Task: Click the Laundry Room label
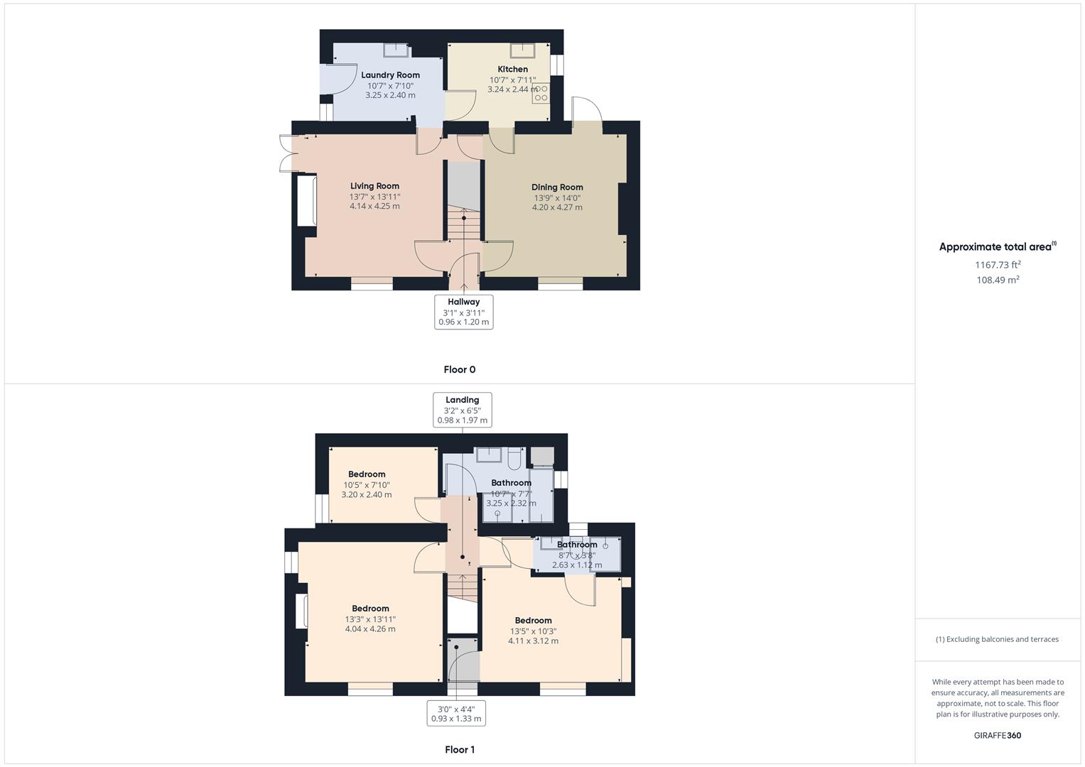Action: point(390,75)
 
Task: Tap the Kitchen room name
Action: point(512,70)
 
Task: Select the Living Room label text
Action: point(375,186)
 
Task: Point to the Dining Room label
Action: point(557,187)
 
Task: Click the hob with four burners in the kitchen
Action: point(541,94)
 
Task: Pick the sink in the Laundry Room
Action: point(396,50)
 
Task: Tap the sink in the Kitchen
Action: point(522,50)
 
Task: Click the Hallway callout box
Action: point(463,312)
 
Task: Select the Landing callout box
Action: point(462,410)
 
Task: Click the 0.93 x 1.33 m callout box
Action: point(456,713)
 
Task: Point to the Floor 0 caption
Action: point(460,369)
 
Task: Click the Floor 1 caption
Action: point(460,749)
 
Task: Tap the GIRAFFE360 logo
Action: point(998,735)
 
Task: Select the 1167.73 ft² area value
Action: point(998,264)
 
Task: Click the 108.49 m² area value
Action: point(998,279)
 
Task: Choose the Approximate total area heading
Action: point(998,246)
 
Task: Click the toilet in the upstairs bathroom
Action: point(514,458)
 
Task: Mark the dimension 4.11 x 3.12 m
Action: point(533,641)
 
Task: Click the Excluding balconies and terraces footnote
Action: point(998,639)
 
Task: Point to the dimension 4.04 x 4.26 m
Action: point(370,629)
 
